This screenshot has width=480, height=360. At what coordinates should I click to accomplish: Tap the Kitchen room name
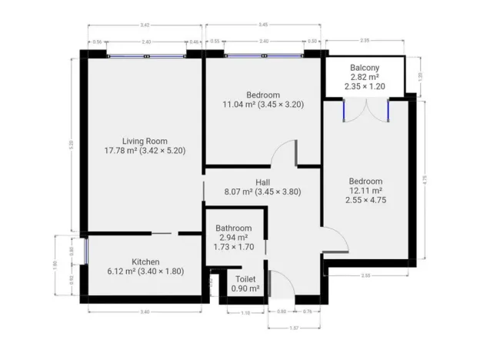(145, 262)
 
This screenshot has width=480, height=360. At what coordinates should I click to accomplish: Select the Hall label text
(262, 182)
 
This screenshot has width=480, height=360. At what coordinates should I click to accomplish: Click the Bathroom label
(233, 228)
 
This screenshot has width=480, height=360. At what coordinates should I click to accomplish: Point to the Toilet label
(245, 278)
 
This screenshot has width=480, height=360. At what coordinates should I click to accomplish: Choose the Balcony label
(365, 67)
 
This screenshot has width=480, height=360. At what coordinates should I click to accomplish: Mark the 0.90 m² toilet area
(245, 288)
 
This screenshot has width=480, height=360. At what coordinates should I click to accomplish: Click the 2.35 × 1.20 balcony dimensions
(365, 87)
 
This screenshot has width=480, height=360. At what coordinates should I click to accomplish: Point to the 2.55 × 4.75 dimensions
(366, 199)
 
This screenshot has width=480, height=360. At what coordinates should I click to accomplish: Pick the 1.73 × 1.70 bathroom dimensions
(233, 248)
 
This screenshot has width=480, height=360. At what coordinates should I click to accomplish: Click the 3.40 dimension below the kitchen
(145, 311)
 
